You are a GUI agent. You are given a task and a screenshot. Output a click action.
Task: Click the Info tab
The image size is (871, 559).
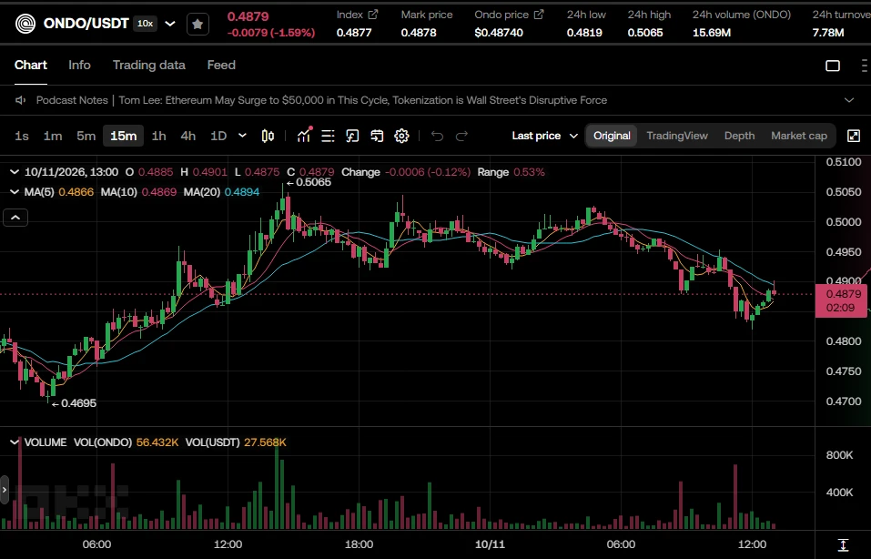[79, 65]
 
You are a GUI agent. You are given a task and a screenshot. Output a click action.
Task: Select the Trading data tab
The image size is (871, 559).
[149, 65]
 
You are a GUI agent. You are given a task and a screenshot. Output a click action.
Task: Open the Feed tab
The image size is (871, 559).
[221, 65]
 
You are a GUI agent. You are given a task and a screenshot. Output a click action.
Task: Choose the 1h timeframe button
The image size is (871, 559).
[159, 136]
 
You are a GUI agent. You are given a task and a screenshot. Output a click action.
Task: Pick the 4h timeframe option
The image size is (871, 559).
[187, 136]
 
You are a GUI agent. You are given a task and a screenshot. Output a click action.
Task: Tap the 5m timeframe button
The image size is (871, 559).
[86, 136]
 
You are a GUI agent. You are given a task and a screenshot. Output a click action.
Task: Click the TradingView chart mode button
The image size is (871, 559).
[677, 136]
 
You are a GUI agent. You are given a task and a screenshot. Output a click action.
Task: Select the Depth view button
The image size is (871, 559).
[739, 136]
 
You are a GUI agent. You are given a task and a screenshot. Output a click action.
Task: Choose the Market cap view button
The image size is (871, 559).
[799, 136]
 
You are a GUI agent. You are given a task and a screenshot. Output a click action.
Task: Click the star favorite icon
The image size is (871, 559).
[197, 24]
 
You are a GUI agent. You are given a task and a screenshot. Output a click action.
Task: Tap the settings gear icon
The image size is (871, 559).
[401, 136]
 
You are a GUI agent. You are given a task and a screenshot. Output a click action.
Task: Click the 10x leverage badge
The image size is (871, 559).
[146, 24]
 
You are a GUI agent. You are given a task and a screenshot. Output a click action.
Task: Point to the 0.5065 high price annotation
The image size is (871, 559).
[309, 182]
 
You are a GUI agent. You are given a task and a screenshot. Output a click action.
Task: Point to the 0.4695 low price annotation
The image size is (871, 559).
[74, 403]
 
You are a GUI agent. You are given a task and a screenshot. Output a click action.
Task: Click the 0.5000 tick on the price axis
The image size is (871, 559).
[844, 222]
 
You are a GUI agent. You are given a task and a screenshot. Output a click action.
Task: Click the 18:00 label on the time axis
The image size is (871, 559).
[359, 544]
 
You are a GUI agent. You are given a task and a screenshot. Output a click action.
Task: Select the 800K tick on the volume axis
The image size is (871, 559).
[839, 455]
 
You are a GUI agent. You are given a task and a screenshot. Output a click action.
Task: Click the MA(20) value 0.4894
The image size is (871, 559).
[241, 192]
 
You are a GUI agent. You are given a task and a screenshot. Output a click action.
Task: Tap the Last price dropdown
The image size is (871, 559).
[545, 136]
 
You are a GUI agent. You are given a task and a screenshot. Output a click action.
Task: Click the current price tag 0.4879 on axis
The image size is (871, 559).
[840, 300]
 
